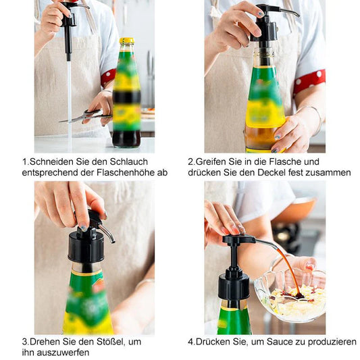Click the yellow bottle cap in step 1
click(126, 41)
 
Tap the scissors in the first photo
click(85, 116)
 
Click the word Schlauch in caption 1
click(128, 161)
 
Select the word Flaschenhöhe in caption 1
click(126, 172)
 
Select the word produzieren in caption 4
click(332, 342)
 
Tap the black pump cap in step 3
click(86, 247)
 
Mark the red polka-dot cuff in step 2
click(309, 81)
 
